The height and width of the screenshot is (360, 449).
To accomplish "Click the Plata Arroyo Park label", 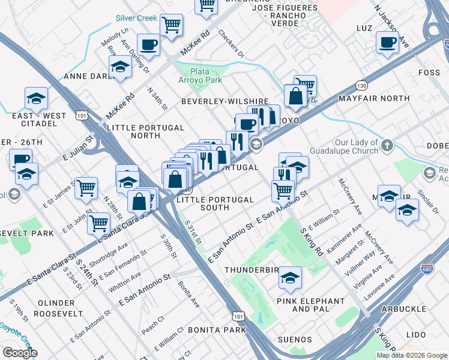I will [201, 75].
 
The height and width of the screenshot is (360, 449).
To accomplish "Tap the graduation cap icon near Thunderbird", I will [290, 277].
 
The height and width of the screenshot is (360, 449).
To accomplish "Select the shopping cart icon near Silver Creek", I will [172, 25].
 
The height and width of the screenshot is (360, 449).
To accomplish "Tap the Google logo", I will [20, 352].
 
